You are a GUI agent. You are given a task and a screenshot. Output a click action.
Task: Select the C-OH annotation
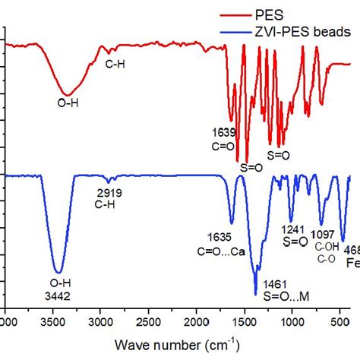click(x=327, y=248)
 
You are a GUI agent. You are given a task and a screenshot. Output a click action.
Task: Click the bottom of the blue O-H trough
click(x=58, y=271)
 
